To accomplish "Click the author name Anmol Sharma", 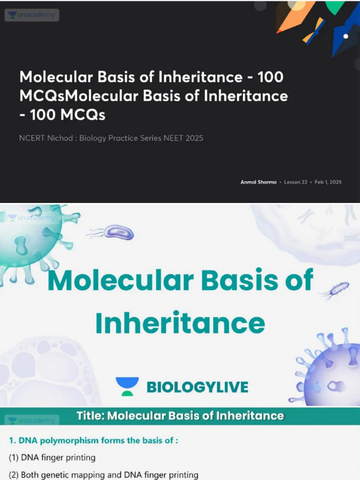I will tap(258, 182).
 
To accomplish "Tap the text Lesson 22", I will tap(295, 182).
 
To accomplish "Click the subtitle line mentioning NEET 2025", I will tap(111, 138).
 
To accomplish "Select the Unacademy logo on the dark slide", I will tap(32, 15).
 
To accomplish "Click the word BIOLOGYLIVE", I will tap(197, 387).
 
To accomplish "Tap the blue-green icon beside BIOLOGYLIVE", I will tap(127, 386).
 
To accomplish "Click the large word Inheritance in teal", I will tap(180, 323).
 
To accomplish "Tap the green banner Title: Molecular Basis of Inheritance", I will tap(180, 416).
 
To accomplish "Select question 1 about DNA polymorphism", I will tap(94, 441).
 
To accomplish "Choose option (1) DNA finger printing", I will tap(52, 457).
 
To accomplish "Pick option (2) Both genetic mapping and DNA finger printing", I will tap(103, 475).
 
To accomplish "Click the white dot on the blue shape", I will tap(345, 36).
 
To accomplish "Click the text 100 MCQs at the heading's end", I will tap(64, 114).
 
